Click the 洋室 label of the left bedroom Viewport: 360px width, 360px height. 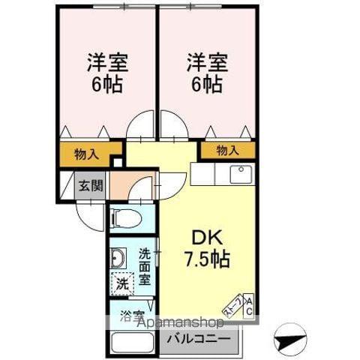tap(106, 62)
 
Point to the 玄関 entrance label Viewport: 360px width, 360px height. tap(91, 185)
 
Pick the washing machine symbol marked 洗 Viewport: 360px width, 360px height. tap(121, 283)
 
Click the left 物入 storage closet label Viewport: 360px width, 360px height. tap(87, 154)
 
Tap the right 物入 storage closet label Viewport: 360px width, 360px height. tap(227, 151)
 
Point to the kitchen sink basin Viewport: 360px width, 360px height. tap(240, 175)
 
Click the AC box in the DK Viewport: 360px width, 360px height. tap(249, 306)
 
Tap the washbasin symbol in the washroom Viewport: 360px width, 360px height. tap(118, 259)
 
